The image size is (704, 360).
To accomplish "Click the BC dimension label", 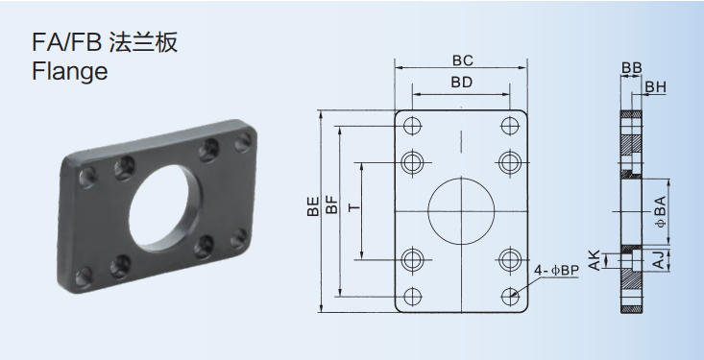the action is click(462, 60).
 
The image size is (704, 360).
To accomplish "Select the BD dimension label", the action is click(462, 83).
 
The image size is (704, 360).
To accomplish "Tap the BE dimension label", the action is click(313, 207).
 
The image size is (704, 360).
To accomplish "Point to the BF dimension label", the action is click(331, 205).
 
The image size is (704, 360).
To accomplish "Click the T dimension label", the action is click(354, 207).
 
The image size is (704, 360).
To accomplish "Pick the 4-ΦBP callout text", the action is click(557, 270).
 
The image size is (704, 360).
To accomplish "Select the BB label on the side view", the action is click(632, 68).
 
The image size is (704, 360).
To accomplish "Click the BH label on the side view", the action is click(656, 87).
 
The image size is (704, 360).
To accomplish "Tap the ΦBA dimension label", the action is click(661, 212).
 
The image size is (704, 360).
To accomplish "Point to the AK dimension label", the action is click(595, 261).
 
